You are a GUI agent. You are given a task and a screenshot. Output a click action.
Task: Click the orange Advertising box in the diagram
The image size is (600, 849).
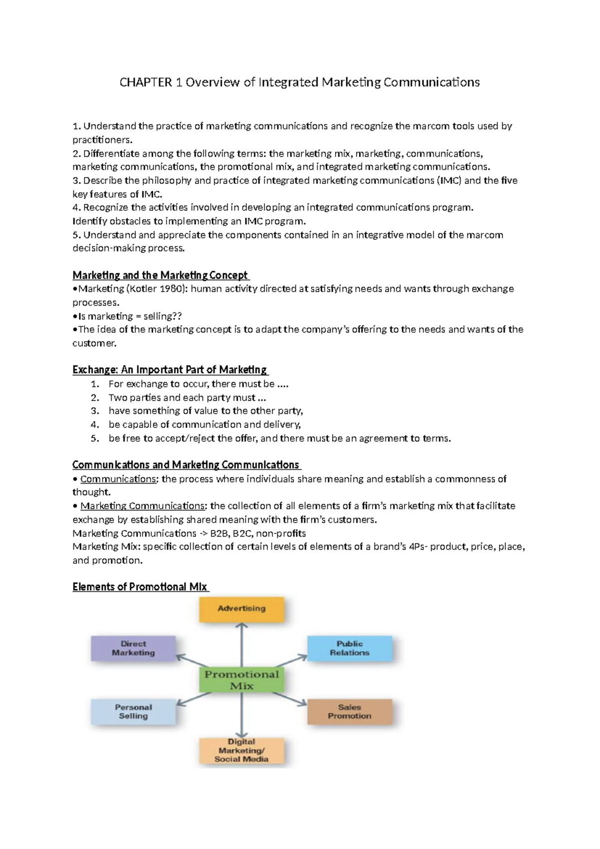[x=241, y=609]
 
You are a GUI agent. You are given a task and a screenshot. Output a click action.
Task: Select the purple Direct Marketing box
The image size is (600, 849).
[x=133, y=648]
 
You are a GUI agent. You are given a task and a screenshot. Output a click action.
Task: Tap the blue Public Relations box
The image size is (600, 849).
[x=349, y=648]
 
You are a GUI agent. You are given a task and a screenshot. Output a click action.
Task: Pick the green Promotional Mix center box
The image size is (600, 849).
[x=241, y=680]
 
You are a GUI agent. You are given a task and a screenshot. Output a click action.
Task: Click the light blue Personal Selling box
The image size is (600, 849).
[x=133, y=711]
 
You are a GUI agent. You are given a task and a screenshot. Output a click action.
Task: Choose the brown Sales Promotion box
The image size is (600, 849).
[x=349, y=711]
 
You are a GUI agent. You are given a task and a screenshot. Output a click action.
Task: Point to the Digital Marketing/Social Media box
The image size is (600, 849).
[x=241, y=750]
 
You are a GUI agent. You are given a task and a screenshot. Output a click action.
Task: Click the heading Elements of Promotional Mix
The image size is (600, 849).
[x=140, y=587]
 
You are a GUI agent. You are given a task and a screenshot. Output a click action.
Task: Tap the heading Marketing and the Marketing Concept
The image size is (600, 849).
[x=160, y=275]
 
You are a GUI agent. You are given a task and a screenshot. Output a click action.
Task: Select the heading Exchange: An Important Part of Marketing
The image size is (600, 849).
[x=169, y=369]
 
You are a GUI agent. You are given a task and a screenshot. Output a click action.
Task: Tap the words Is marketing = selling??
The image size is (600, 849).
[x=130, y=316]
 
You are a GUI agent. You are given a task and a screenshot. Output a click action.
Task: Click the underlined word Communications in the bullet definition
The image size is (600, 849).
[x=118, y=479]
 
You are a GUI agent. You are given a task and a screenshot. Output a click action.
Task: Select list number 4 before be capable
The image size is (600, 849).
[x=95, y=424]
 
